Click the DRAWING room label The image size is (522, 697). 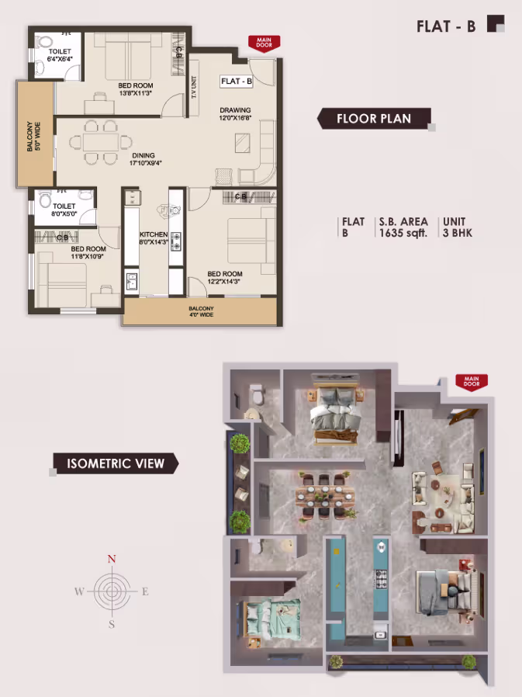tap(235, 109)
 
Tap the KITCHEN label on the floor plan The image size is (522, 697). tap(154, 234)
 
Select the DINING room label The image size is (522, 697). tap(143, 155)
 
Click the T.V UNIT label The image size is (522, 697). tap(194, 87)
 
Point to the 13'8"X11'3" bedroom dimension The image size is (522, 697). tap(136, 93)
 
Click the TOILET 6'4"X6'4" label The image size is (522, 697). tap(60, 55)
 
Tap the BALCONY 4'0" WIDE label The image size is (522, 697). tap(201, 311)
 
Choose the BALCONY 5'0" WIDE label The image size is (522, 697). tap(34, 137)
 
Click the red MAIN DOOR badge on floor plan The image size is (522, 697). tap(264, 43)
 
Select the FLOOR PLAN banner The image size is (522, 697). tap(374, 119)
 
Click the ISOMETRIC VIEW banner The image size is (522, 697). tap(116, 463)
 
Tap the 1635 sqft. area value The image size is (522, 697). tap(403, 233)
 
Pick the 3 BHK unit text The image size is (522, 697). tap(458, 233)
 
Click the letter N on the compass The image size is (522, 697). tap(112, 559)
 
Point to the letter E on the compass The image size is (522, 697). tap(145, 591)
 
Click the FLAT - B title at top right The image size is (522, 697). tap(446, 26)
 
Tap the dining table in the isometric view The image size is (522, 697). tap(325, 496)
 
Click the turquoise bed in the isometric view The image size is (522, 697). tap(273, 617)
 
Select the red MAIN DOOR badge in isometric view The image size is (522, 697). tap(472, 382)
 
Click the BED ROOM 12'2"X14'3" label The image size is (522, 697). tap(225, 277)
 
